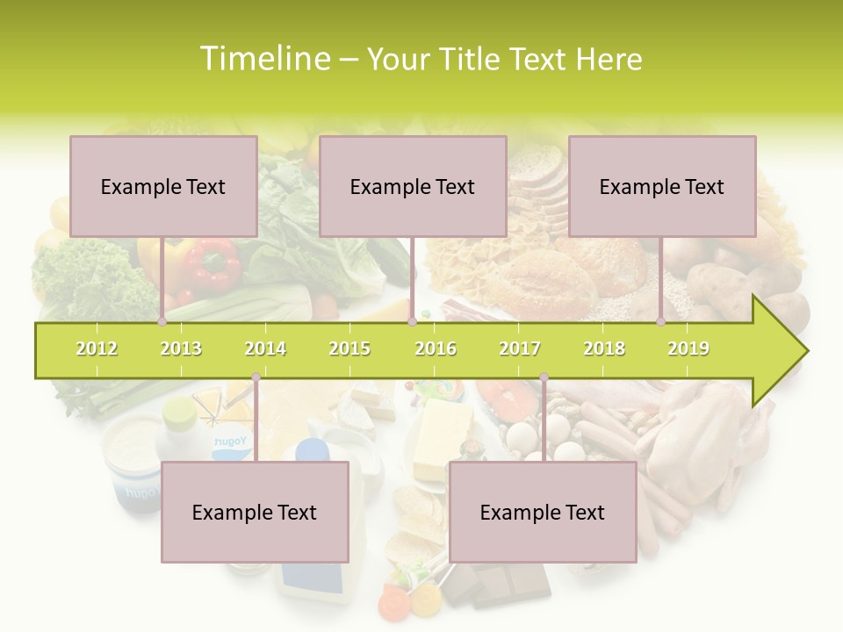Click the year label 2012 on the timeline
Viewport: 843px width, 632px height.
97,348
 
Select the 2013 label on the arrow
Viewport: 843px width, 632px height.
181,348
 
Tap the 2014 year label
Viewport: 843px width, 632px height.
265,348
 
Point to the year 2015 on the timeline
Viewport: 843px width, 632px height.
349,348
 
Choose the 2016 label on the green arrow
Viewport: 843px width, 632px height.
436,348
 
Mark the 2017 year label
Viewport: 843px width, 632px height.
520,348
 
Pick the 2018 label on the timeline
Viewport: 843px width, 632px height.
604,348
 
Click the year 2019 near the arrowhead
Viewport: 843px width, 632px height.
688,348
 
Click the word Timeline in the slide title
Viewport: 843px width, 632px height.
263,59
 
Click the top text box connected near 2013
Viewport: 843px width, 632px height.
163,186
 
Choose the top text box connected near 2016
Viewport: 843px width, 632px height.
413,186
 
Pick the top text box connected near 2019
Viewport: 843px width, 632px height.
662,186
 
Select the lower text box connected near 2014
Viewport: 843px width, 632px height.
255,512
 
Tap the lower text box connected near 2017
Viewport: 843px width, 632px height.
543,512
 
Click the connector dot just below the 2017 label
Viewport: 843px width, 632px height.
544,377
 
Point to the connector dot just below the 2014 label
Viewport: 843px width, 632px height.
256,377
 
